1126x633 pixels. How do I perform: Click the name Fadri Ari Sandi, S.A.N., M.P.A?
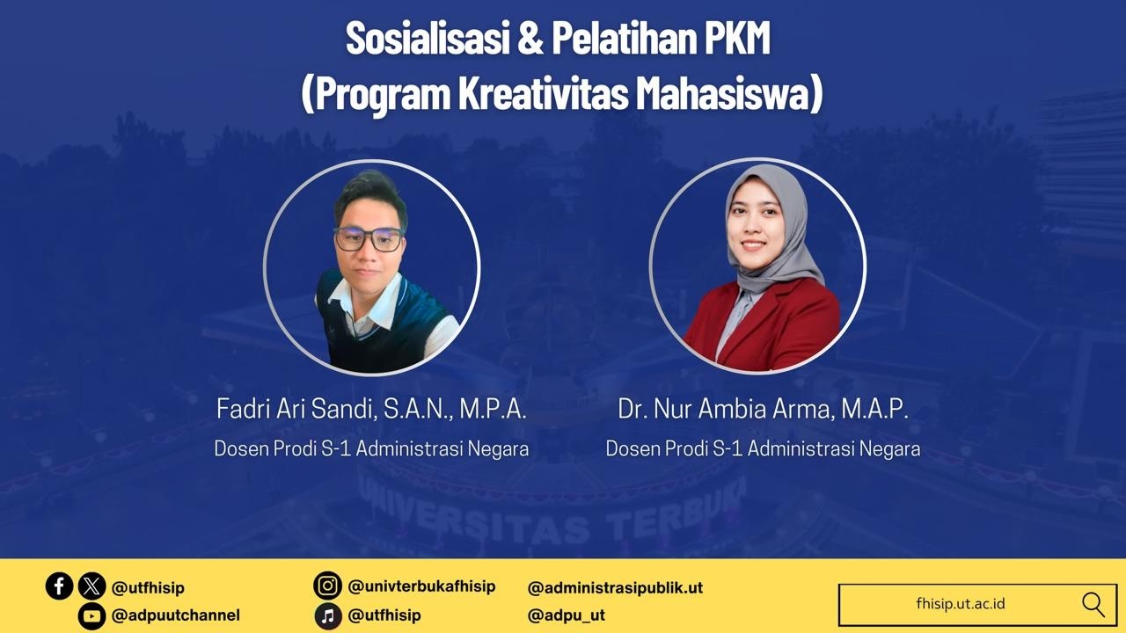point(371,409)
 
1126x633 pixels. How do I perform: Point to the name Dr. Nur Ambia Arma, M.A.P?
point(763,409)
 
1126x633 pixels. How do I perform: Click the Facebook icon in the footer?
point(59,586)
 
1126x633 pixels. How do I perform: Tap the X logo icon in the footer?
point(91,586)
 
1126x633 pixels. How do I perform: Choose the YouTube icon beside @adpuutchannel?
point(91,615)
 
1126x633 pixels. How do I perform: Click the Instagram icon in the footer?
point(327,586)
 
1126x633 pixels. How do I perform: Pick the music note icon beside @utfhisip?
point(327,615)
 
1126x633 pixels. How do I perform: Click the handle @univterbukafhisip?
point(421,586)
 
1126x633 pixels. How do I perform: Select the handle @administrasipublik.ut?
point(615,587)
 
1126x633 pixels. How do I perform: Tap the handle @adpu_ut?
point(566,615)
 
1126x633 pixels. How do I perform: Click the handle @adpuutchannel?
point(175,615)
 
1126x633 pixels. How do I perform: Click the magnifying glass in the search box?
point(1093,604)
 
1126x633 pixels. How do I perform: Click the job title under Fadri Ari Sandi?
point(371,448)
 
